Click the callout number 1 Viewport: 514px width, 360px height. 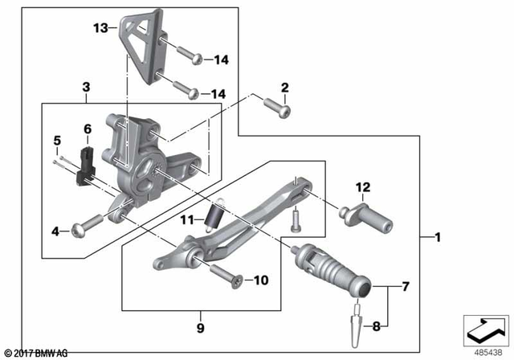click(x=437, y=237)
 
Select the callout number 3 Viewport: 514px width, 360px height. click(x=87, y=87)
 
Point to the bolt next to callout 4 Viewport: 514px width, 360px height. click(x=87, y=224)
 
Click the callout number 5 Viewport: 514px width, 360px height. click(x=57, y=141)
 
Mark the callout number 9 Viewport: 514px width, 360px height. click(x=199, y=329)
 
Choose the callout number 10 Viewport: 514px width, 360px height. click(x=262, y=280)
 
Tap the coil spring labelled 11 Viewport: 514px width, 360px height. click(x=215, y=216)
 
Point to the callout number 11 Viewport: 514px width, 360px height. click(x=188, y=219)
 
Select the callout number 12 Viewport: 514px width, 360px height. click(x=364, y=187)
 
